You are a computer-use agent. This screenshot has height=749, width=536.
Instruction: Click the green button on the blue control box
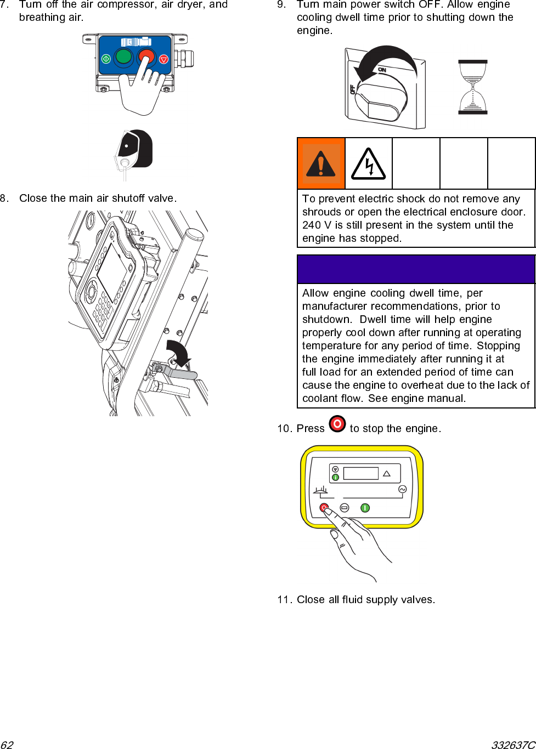click(x=123, y=56)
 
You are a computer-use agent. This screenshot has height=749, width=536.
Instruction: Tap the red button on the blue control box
click(x=146, y=56)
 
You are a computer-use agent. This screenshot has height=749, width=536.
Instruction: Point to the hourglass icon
click(x=472, y=87)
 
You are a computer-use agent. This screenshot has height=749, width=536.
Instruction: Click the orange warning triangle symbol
click(x=321, y=163)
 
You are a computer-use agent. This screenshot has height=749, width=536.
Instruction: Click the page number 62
click(x=7, y=745)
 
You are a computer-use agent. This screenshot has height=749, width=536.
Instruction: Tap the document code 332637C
click(x=513, y=745)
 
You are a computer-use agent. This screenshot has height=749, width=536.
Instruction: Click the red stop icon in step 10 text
click(x=337, y=424)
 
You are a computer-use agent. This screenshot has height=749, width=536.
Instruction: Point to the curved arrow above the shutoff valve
click(x=179, y=353)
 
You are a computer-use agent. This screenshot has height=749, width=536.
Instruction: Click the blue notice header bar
click(x=416, y=269)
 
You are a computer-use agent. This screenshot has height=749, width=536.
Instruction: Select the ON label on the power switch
click(x=382, y=70)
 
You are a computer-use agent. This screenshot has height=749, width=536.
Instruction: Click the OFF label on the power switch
click(x=352, y=89)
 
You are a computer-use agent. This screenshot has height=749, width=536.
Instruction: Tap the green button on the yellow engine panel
click(x=365, y=508)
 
